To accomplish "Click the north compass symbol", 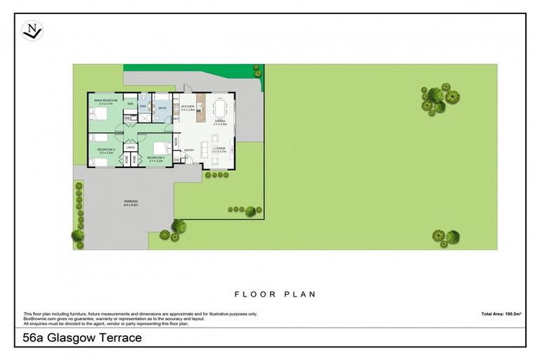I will [x=32, y=30].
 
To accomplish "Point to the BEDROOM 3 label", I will [x=155, y=158].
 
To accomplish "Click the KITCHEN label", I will [x=188, y=108].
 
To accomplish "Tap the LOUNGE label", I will [x=219, y=149].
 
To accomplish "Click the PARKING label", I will [x=131, y=202].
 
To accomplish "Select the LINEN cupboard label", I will [x=130, y=147].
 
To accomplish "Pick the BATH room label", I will [x=162, y=108].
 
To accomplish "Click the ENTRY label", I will [x=189, y=150].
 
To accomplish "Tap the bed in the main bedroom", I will [x=98, y=113].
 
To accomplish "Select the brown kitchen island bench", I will [x=200, y=105].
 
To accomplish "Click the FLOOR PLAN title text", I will [x=275, y=295].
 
